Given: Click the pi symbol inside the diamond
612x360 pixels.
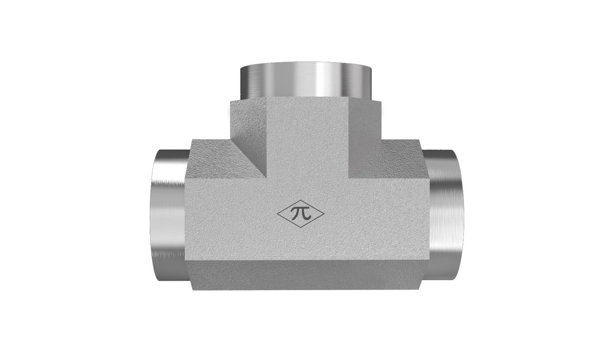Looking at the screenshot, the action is pos(301,213).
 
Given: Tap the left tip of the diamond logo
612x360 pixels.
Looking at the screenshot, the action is pos(277,214).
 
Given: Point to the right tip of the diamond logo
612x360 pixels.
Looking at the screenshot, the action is pos(324,214).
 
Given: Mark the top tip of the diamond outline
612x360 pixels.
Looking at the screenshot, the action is pos(301,200).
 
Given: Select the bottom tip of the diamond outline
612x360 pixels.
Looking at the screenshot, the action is pos(301,228).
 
